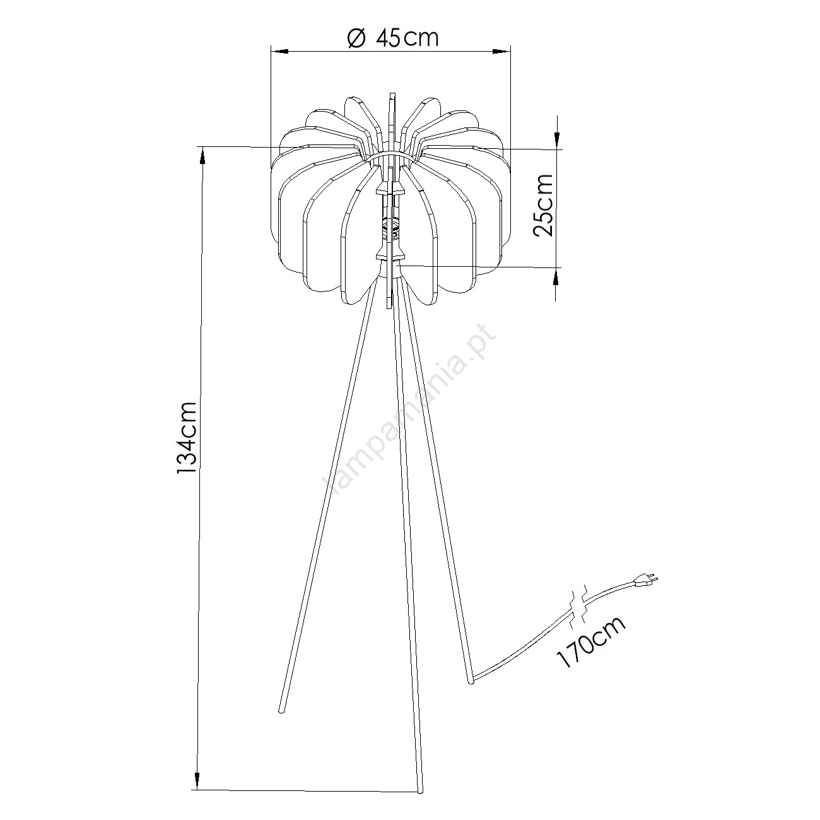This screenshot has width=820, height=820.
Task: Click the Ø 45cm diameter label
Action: point(392,38)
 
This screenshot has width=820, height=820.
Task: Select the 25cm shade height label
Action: point(543,204)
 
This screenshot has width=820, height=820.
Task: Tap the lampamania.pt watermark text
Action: point(410,409)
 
